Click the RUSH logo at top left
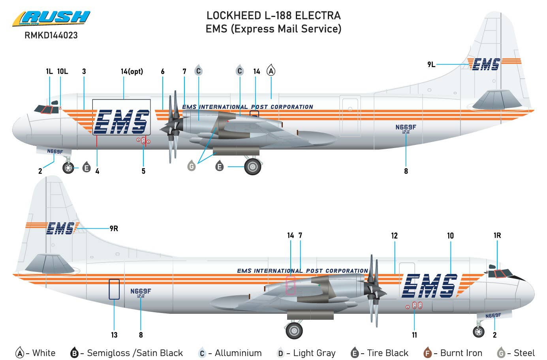tap(51, 19)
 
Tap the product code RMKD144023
tap(51, 36)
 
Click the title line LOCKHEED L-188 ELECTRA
tap(273, 16)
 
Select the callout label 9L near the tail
tap(431, 64)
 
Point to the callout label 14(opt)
tap(132, 71)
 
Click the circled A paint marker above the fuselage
tap(271, 71)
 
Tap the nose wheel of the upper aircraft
tap(68, 168)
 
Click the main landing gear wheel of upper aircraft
tap(253, 167)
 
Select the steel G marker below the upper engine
tap(192, 166)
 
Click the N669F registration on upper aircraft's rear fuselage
tap(406, 127)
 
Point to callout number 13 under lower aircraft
tap(114, 335)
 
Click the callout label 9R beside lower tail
tap(114, 229)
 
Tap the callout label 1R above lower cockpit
tap(497, 236)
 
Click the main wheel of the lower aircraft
tap(294, 330)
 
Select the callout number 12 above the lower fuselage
tap(394, 236)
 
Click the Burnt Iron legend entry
tap(453, 353)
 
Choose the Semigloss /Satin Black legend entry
tap(126, 353)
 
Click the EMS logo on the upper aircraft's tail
tap(486, 64)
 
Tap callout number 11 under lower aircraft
tap(414, 335)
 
